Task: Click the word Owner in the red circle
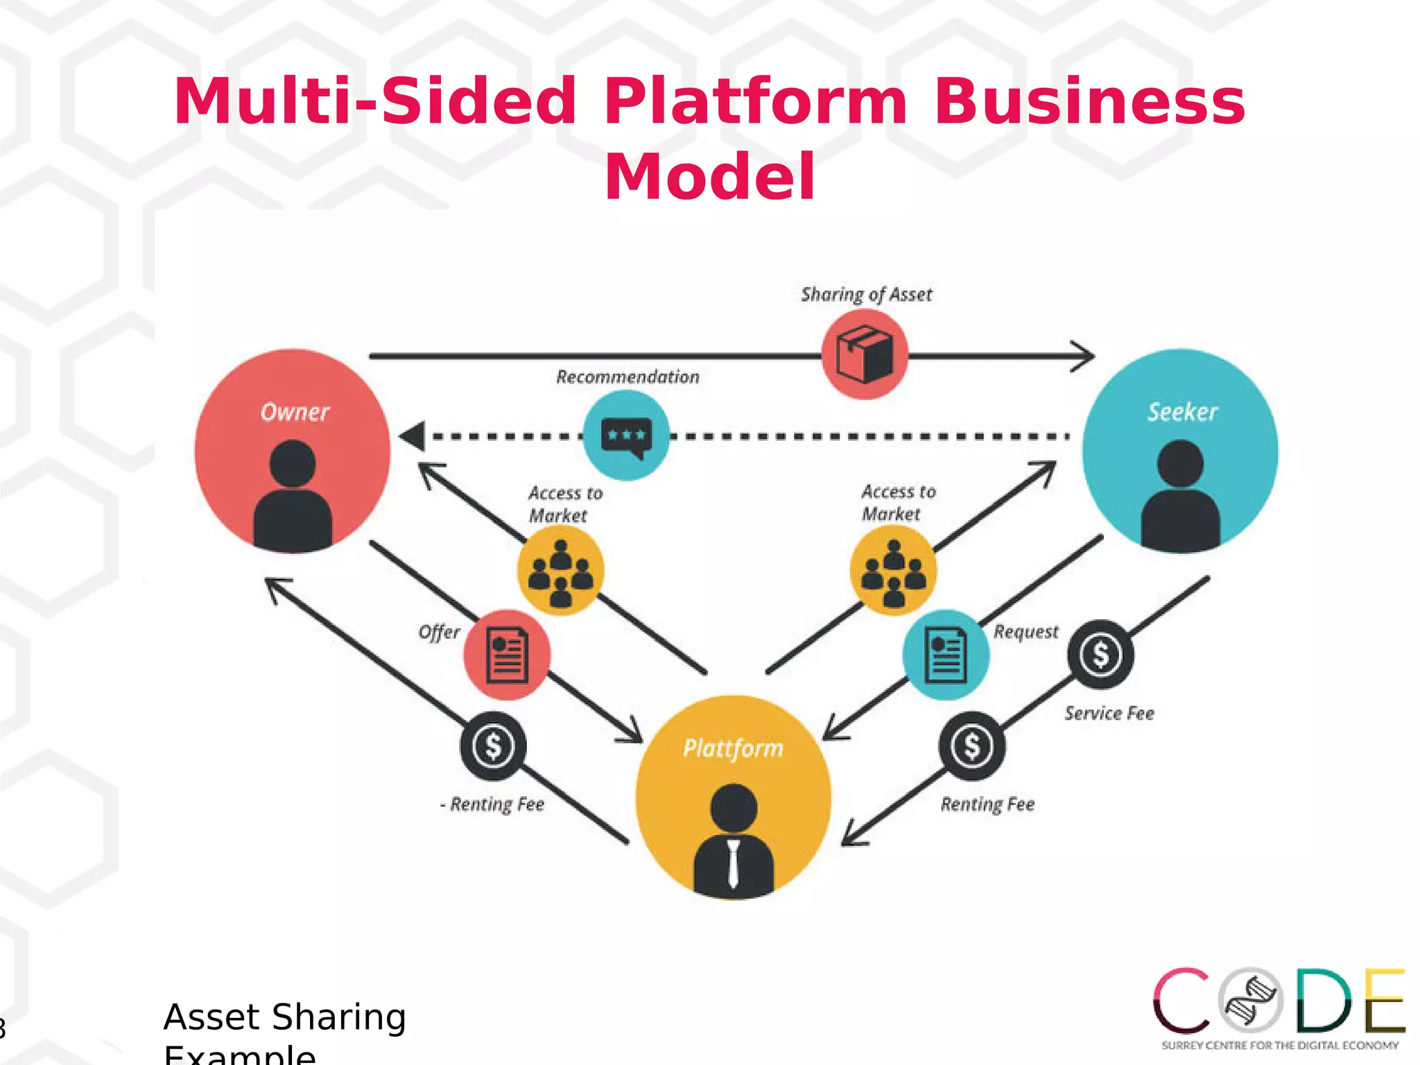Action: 295,412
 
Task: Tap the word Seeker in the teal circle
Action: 1182,412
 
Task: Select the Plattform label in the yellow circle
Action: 733,748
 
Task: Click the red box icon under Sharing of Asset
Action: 865,354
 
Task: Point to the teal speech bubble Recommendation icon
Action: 626,436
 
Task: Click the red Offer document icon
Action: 507,655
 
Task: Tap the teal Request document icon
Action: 946,655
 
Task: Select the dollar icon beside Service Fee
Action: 1100,655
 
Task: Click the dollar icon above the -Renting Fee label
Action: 493,746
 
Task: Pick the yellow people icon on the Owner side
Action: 560,571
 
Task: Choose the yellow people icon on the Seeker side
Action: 893,571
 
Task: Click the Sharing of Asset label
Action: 866,295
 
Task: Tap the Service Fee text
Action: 1109,713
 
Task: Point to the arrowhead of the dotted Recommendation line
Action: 413,437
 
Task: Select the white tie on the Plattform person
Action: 734,863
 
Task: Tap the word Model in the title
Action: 709,177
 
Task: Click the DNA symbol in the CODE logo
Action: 1252,1001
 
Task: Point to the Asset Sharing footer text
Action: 284,1017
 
